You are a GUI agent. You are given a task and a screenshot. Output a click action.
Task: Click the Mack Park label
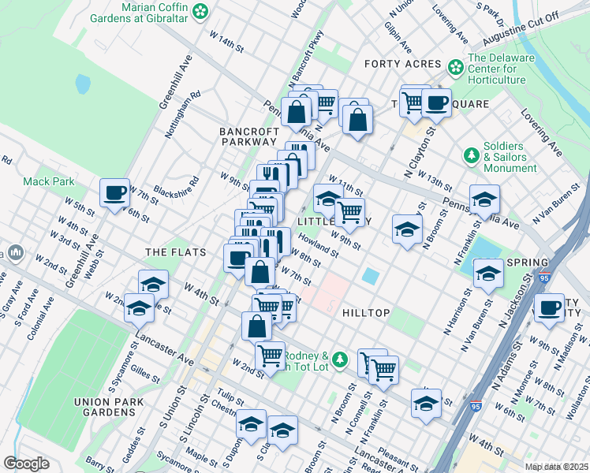point(49,181)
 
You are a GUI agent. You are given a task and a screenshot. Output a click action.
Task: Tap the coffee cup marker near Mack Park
point(115,192)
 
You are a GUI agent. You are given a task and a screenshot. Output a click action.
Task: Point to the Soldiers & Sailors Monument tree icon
point(472,155)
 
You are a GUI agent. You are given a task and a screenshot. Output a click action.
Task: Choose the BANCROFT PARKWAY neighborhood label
point(248,136)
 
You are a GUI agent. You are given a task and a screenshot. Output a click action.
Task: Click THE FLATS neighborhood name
point(175,252)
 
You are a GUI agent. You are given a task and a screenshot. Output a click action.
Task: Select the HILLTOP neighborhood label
point(366,313)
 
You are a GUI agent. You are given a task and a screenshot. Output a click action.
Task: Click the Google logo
point(26,464)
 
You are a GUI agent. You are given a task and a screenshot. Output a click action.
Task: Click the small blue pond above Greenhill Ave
point(83,84)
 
